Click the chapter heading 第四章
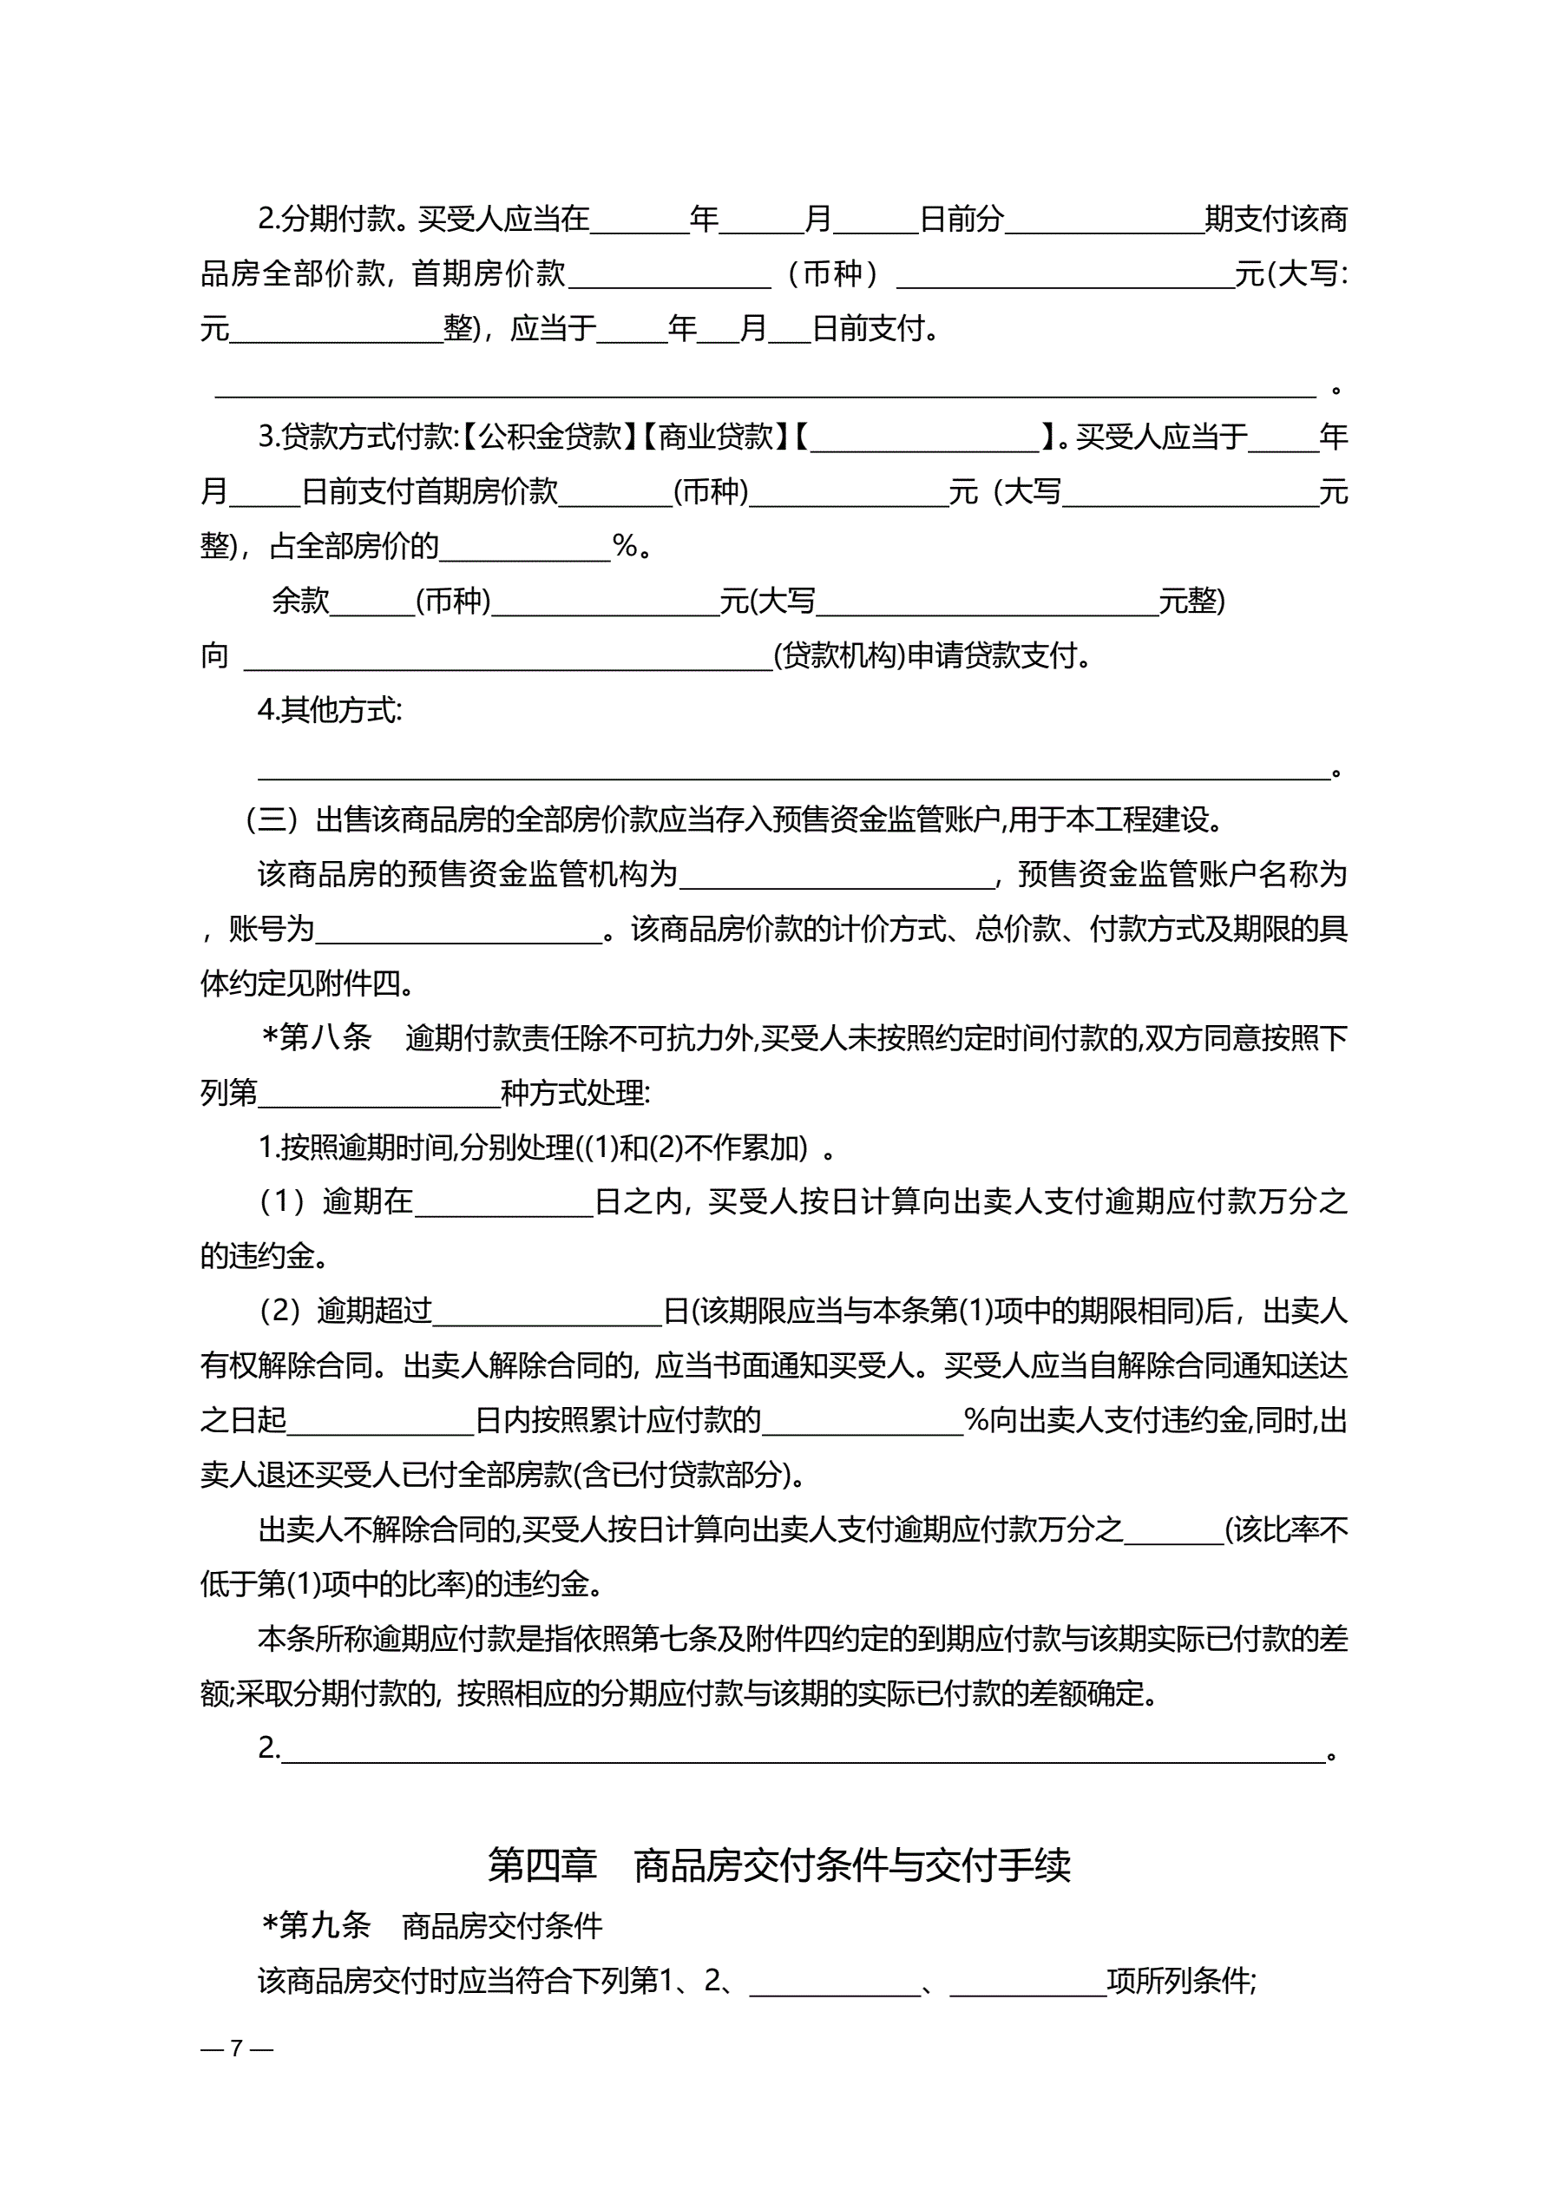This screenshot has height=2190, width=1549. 541,1864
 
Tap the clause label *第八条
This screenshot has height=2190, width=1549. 318,1038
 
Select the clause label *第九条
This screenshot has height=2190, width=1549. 317,1926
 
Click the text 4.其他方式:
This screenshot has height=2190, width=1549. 330,711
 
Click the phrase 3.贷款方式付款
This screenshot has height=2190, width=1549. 358,437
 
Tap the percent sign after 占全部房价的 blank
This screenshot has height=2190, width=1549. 626,547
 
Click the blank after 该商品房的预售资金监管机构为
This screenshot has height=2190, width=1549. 837,876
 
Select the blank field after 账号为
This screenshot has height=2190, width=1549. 459,930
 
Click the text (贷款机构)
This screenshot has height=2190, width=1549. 839,656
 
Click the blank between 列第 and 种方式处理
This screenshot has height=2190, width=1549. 378,1094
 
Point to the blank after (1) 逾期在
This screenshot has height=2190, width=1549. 503,1203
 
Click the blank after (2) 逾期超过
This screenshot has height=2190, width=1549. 548,1312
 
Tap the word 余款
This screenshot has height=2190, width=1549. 300,601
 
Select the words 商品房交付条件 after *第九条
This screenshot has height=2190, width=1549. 502,1926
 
